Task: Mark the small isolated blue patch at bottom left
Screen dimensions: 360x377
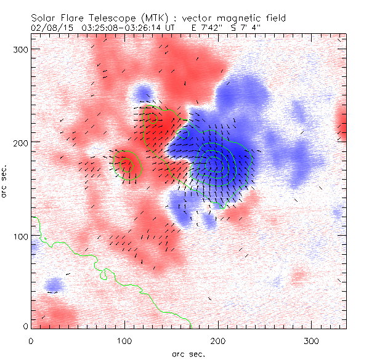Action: [54, 285]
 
